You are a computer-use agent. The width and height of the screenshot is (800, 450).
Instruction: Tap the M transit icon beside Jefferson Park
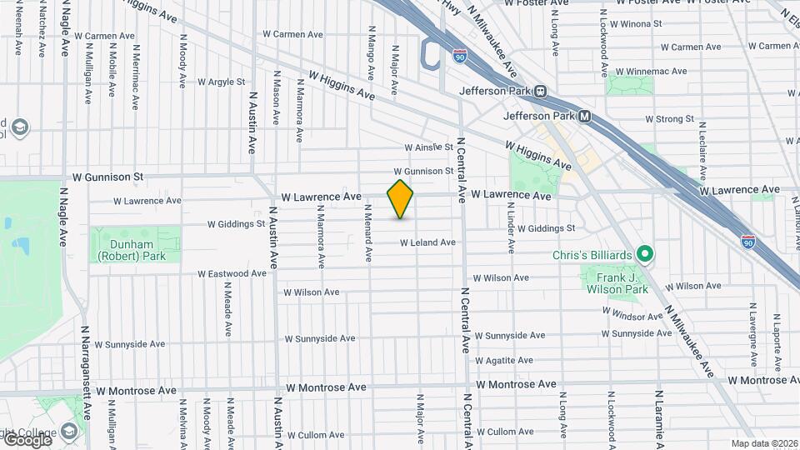pyautogui.click(x=584, y=117)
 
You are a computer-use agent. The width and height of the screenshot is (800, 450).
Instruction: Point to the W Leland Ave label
pyautogui.click(x=427, y=242)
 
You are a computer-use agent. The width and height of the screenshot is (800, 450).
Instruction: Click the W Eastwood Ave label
pyautogui.click(x=232, y=273)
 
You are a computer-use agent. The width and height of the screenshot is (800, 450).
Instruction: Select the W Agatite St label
pyautogui.click(x=503, y=361)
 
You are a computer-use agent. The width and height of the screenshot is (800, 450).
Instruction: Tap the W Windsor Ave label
pyautogui.click(x=636, y=316)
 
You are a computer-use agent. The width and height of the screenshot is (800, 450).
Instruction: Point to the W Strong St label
pyautogui.click(x=670, y=120)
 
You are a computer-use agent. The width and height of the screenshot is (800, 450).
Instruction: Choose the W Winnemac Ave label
pyautogui.click(x=655, y=71)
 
